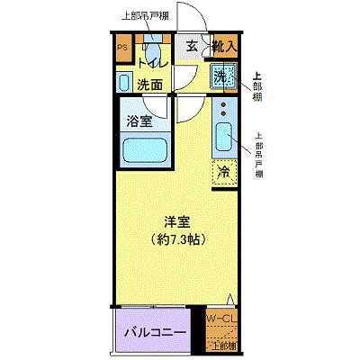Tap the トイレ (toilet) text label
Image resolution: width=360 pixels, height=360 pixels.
(x=150, y=65)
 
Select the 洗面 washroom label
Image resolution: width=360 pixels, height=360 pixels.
(x=150, y=85)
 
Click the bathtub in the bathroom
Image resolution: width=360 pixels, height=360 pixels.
(x=143, y=148)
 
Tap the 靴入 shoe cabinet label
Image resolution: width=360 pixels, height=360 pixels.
(x=225, y=47)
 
